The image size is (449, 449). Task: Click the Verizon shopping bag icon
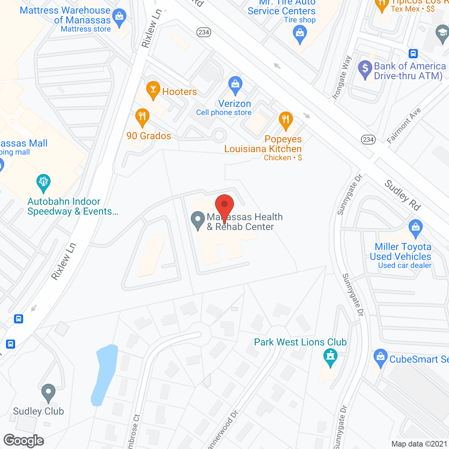click(x=235, y=85)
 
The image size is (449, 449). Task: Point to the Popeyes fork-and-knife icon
click(x=286, y=120)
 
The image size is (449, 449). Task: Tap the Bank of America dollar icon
click(x=365, y=69)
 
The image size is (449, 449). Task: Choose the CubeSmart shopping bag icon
click(x=381, y=357)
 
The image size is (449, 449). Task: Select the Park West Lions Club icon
click(x=330, y=356)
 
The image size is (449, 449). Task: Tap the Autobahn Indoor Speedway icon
click(x=43, y=182)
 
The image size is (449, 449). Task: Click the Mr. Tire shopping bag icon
click(x=300, y=34)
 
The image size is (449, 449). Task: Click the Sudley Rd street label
click(x=402, y=195)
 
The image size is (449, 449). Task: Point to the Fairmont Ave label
click(x=404, y=126)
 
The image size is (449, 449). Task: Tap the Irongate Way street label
click(x=342, y=78)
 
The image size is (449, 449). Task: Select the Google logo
click(x=24, y=441)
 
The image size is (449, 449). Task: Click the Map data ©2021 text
click(x=419, y=444)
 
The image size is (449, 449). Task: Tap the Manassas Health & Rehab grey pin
click(x=198, y=220)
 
